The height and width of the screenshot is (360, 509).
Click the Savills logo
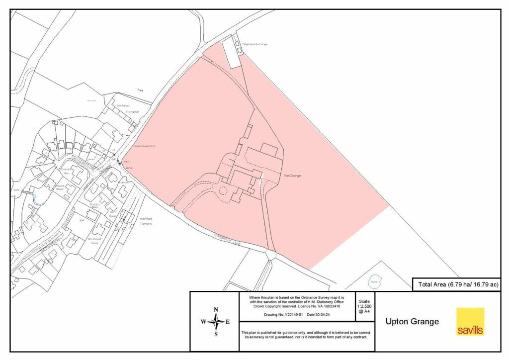(470, 322)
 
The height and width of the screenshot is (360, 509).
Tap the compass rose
(215, 322)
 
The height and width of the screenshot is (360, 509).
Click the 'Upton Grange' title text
(412, 322)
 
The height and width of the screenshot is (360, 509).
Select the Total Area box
(456, 284)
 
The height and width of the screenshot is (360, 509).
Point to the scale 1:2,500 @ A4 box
(364, 306)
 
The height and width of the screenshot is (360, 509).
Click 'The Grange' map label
(292, 176)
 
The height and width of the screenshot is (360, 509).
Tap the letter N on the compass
(216, 310)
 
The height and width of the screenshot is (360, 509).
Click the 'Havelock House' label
(60, 188)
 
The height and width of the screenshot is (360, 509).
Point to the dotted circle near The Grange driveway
(223, 190)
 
